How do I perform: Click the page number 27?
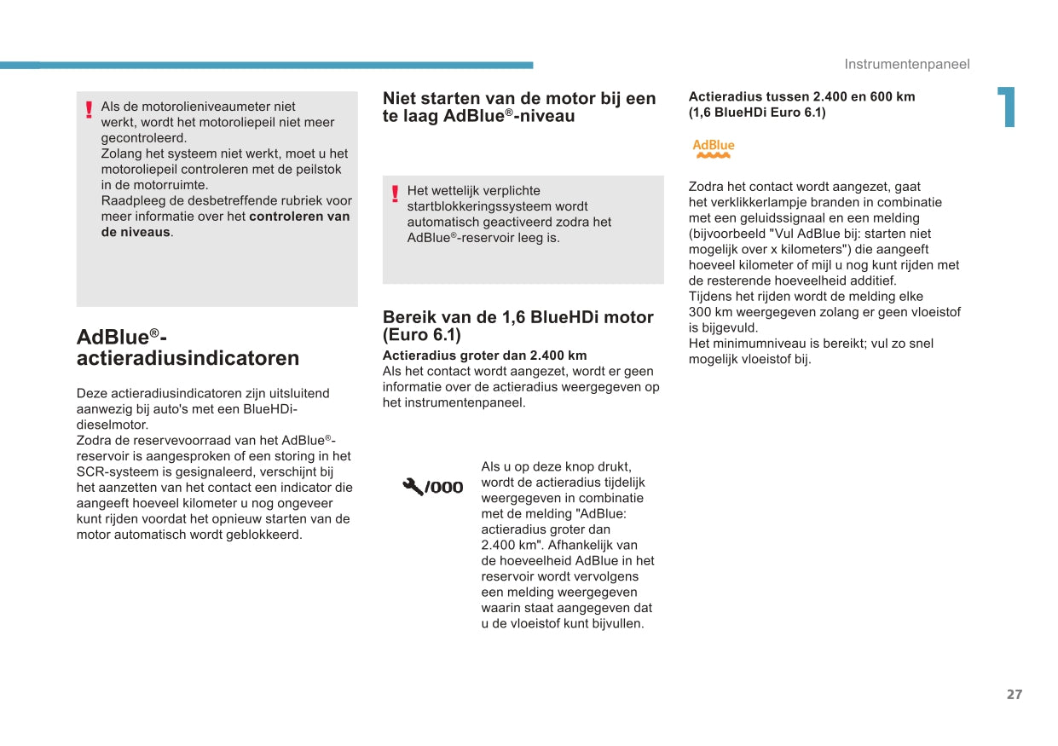(1014, 695)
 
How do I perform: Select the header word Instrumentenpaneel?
(907, 65)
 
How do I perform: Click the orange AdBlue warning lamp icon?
(713, 149)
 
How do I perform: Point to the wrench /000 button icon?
(433, 487)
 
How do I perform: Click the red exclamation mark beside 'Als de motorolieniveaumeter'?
(89, 110)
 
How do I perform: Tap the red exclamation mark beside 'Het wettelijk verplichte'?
(395, 194)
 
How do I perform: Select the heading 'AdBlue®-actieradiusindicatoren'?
(188, 347)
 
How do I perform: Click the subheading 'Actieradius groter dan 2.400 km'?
(484, 356)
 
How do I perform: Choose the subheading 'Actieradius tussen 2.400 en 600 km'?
(801, 96)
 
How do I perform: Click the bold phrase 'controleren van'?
(299, 217)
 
